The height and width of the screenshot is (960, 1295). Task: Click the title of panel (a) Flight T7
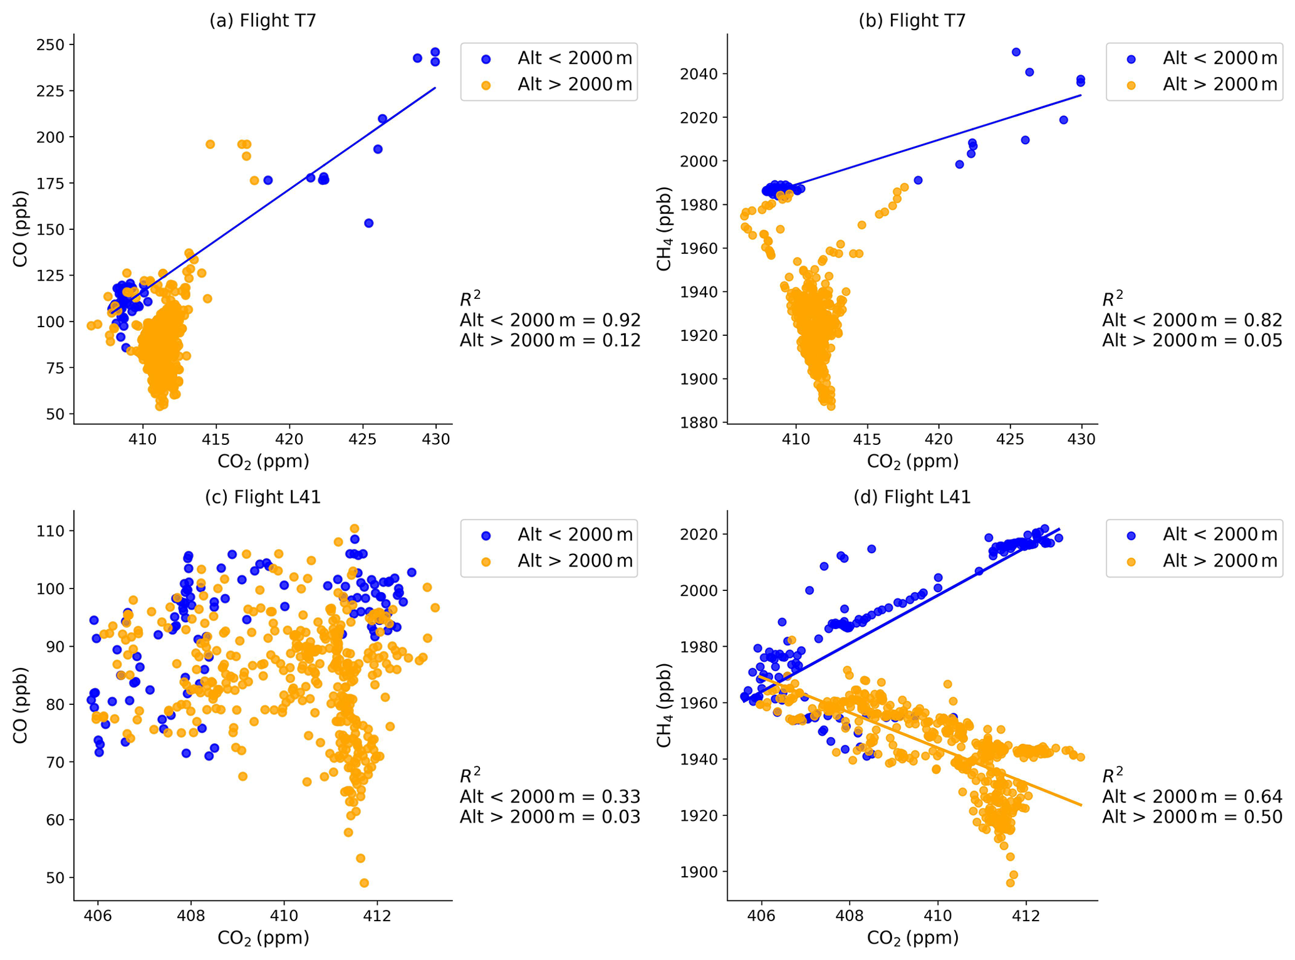[263, 21]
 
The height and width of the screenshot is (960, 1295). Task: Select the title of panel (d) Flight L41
[912, 497]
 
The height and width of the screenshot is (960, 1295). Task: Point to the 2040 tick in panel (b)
[700, 74]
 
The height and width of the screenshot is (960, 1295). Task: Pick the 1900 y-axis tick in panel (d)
[700, 872]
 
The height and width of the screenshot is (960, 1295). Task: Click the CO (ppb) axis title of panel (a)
[21, 229]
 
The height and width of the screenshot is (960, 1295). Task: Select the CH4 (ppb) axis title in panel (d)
[664, 705]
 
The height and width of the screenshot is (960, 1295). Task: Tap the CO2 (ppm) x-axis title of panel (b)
[912, 462]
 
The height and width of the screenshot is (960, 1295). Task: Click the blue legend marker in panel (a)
[486, 59]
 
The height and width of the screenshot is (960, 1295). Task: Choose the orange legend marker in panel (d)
[1131, 561]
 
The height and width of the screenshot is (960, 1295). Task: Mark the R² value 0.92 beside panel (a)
[621, 320]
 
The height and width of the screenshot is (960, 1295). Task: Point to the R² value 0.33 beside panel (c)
[621, 796]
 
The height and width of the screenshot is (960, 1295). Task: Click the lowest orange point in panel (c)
[364, 883]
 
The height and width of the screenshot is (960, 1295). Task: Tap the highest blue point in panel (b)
[1016, 52]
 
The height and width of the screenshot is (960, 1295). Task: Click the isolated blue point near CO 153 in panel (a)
[368, 223]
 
